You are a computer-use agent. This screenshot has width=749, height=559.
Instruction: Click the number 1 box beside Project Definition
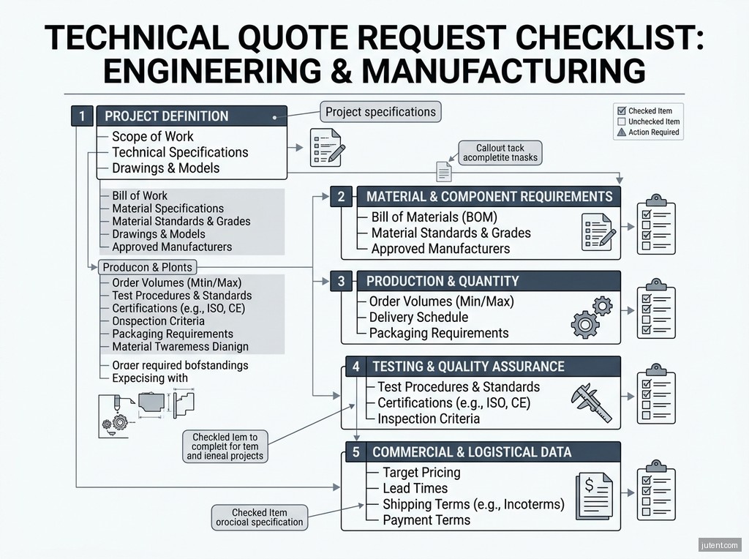[82, 116]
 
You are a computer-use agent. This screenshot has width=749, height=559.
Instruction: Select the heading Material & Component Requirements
[489, 197]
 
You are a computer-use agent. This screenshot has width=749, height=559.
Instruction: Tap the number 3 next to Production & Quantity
[341, 281]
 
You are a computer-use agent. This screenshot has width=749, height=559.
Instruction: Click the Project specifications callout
[380, 112]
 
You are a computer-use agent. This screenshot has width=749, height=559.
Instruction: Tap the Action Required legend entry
[648, 132]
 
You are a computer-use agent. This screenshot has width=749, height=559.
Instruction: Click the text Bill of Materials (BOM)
[434, 217]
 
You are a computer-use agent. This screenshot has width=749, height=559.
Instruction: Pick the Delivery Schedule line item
[418, 317]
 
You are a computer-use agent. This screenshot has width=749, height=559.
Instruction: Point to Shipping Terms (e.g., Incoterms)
[473, 504]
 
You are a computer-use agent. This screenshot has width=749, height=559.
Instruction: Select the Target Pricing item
[421, 472]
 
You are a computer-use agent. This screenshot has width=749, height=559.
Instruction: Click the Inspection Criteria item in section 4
[429, 419]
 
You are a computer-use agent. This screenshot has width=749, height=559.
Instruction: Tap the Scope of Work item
[152, 136]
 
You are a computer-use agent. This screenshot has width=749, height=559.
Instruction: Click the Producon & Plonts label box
[146, 267]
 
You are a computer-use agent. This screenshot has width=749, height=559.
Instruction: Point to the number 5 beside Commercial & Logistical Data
[356, 452]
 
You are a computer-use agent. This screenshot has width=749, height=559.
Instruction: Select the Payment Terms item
[426, 520]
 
